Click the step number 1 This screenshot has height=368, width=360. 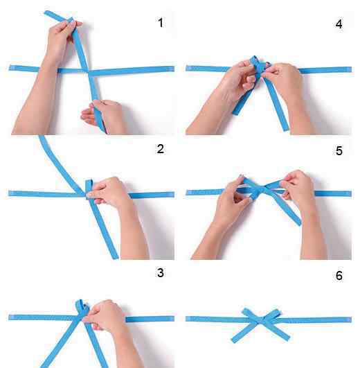click(161, 23)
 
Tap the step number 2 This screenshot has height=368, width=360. click(161, 149)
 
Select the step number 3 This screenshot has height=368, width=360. click(161, 273)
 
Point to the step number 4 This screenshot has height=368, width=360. click(339, 24)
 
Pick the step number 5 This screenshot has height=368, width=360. click(339, 150)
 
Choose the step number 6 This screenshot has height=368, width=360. click(339, 276)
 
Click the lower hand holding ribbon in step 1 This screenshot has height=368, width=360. click(103, 115)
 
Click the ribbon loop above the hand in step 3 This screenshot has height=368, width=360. click(82, 306)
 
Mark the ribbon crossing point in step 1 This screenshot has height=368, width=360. click(89, 71)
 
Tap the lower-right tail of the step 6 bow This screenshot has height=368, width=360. click(277, 331)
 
